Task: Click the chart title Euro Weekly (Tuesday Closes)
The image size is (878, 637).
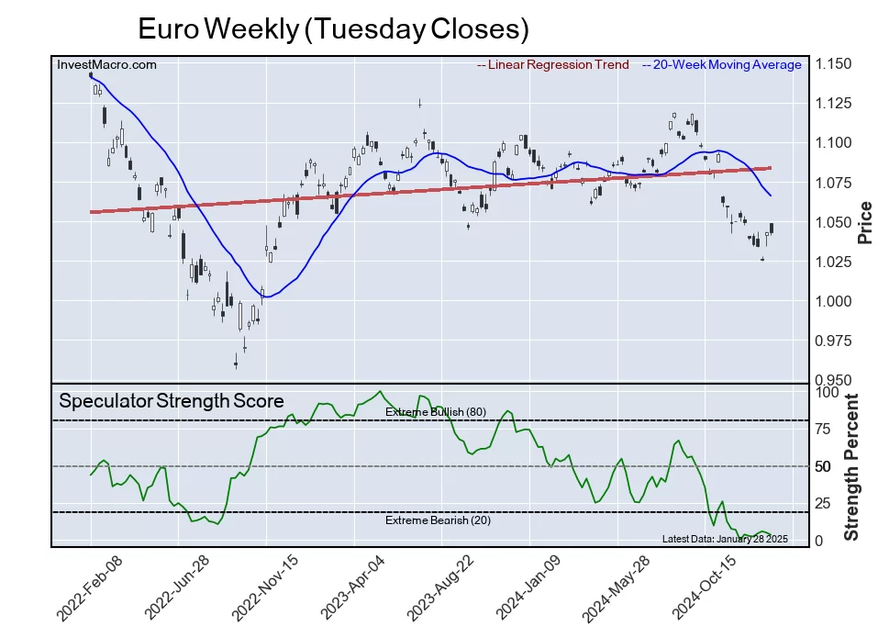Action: pos(333,28)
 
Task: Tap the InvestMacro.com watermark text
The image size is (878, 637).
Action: pos(106,64)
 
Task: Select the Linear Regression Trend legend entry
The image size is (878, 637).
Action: pos(553,64)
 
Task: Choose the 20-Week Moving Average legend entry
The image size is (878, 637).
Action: pos(721,64)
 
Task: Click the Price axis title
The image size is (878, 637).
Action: pos(864,223)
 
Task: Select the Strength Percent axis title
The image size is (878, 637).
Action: pos(851,466)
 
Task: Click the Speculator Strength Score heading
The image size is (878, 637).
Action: pos(172,401)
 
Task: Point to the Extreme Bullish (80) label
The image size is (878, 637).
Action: pos(436,412)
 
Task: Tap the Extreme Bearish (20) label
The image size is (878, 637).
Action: pos(437,520)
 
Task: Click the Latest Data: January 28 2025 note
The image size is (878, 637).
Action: pos(725,539)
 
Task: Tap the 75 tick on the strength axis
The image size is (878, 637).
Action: pos(824,429)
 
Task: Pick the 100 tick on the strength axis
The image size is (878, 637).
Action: pos(828,392)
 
